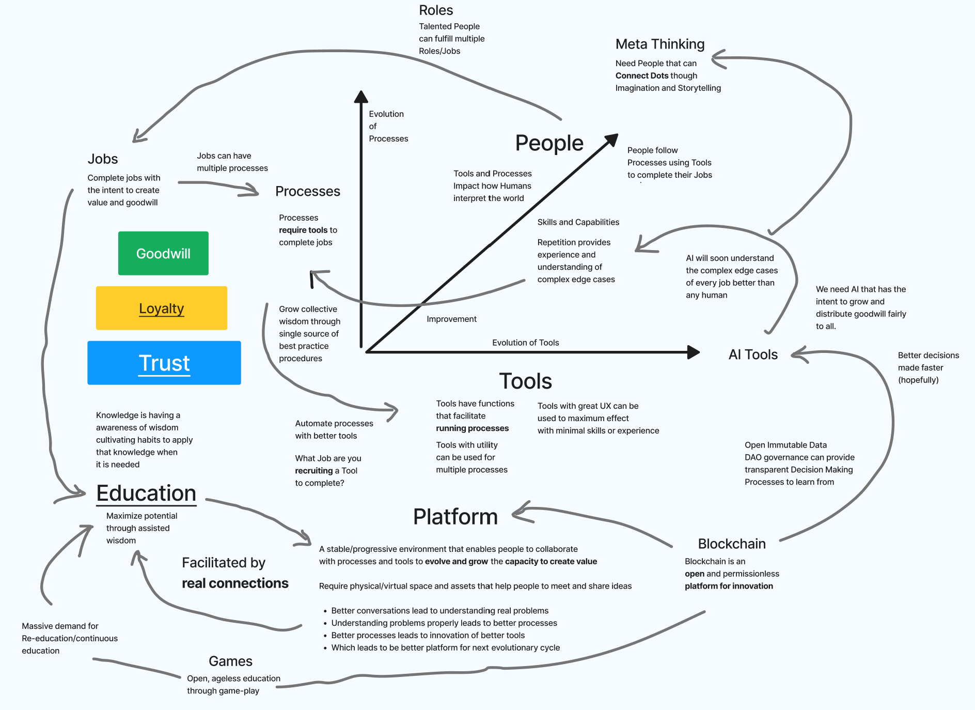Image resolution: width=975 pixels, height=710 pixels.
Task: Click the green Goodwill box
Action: [x=163, y=253]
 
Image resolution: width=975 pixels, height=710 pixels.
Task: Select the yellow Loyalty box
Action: [x=161, y=308]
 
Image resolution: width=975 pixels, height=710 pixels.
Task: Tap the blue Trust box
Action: [x=164, y=363]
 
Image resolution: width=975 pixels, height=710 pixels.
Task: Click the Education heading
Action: [x=146, y=493]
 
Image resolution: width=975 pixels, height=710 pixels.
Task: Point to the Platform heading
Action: [x=455, y=517]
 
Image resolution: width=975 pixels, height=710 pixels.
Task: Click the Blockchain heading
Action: [x=731, y=544]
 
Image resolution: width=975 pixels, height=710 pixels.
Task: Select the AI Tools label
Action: [x=752, y=354]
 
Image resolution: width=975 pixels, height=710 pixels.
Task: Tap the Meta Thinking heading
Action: [x=659, y=44]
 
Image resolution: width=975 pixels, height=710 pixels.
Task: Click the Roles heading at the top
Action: [x=436, y=10]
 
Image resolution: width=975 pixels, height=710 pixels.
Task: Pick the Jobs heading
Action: [x=103, y=159]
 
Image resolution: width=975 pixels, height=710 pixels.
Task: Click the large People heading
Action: [x=549, y=143]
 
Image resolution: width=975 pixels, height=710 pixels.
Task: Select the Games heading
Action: [x=230, y=661]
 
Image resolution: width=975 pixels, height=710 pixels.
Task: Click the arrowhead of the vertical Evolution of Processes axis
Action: [x=361, y=97]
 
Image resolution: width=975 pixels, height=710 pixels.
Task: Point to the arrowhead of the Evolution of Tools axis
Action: [x=694, y=352]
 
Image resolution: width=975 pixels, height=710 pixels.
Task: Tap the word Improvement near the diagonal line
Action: [x=451, y=319]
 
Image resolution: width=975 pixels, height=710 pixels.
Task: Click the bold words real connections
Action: [x=235, y=583]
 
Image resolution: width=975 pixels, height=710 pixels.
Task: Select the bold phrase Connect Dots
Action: [x=641, y=75]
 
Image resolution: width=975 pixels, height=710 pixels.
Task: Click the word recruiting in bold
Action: [x=313, y=471]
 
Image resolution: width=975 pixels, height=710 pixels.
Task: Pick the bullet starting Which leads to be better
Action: [x=445, y=648]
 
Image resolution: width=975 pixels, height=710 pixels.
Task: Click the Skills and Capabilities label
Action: [x=578, y=222]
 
